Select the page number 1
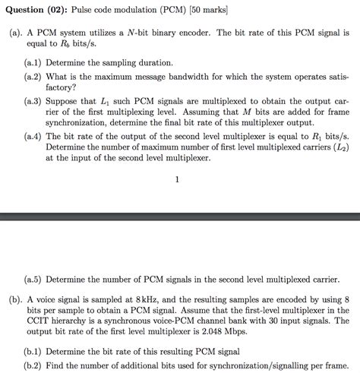[x=177, y=179]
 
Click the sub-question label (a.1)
[x=35, y=63]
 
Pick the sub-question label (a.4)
[x=35, y=136]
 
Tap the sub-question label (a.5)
[x=35, y=278]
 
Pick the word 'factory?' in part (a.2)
[x=62, y=87]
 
